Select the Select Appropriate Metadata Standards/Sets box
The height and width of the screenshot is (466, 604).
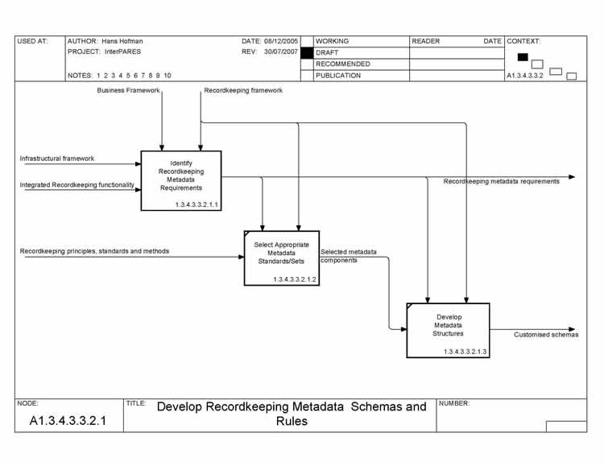pos(281,258)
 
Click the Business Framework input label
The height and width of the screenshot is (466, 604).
pos(128,91)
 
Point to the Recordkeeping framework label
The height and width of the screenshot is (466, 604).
pos(243,91)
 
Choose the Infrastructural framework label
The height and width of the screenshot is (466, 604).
pos(56,159)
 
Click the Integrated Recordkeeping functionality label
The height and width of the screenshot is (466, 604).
pos(77,185)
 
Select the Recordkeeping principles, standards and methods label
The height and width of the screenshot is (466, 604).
pos(94,251)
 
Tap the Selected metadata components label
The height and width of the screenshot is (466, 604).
pos(348,256)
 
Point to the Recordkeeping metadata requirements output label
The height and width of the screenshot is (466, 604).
pos(501,182)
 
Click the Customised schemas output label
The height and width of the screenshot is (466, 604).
pos(546,335)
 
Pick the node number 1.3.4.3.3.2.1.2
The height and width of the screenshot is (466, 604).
pos(295,279)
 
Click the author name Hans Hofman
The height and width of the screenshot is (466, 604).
pos(122,41)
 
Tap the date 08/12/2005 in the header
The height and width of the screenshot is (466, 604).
pos(281,41)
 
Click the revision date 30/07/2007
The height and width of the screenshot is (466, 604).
pos(281,52)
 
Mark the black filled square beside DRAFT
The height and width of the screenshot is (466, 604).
pos(306,52)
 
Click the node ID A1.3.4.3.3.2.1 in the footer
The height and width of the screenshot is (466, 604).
pos(68,420)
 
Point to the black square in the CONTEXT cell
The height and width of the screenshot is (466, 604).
pos(523,56)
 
